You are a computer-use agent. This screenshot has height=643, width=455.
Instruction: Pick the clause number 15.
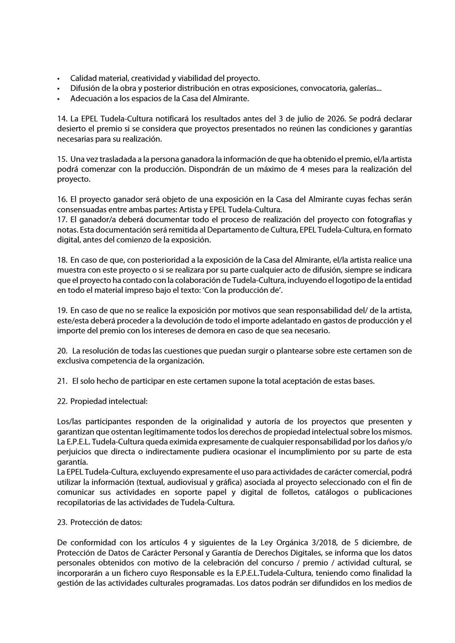[62, 159]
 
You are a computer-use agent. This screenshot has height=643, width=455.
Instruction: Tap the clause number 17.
[62, 220]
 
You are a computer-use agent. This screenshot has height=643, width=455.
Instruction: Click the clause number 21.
[62, 381]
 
